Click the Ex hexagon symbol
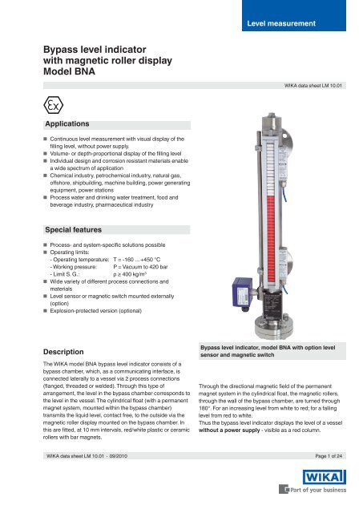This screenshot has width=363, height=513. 31,104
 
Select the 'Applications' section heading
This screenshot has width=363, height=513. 55,125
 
